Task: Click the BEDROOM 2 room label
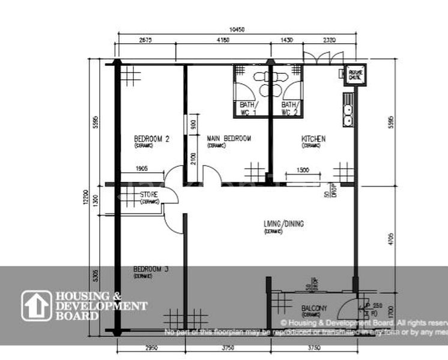(151, 139)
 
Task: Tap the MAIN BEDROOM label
(229, 139)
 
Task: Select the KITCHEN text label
(313, 139)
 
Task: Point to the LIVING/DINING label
(283, 224)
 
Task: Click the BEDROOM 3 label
(150, 270)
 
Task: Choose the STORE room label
(149, 195)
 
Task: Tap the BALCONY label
(315, 309)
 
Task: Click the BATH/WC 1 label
(248, 108)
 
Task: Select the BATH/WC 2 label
(291, 108)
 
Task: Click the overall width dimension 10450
(238, 29)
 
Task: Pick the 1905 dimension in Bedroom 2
(142, 169)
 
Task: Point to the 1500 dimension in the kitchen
(303, 170)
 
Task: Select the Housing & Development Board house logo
(37, 305)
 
